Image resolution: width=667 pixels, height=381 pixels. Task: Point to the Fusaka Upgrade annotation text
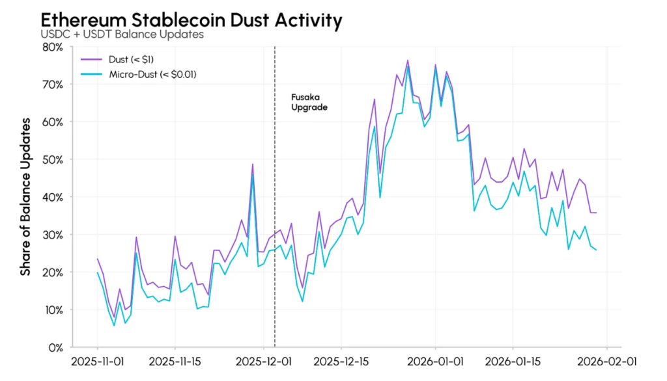coord(309,101)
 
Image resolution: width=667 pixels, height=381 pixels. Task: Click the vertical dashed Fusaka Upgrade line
coord(275,195)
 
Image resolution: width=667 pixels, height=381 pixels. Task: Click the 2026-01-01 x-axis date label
coord(435,361)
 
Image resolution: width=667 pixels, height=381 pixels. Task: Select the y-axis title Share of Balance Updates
coord(25,196)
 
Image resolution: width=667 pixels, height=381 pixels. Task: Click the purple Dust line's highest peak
coord(408,60)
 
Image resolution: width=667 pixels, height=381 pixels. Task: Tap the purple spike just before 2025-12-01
coord(253,164)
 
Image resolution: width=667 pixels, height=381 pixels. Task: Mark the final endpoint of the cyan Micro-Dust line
coord(596,250)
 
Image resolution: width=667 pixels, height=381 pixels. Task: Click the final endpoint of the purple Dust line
coord(596,213)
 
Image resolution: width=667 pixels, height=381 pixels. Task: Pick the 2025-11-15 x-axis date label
coord(175,361)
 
